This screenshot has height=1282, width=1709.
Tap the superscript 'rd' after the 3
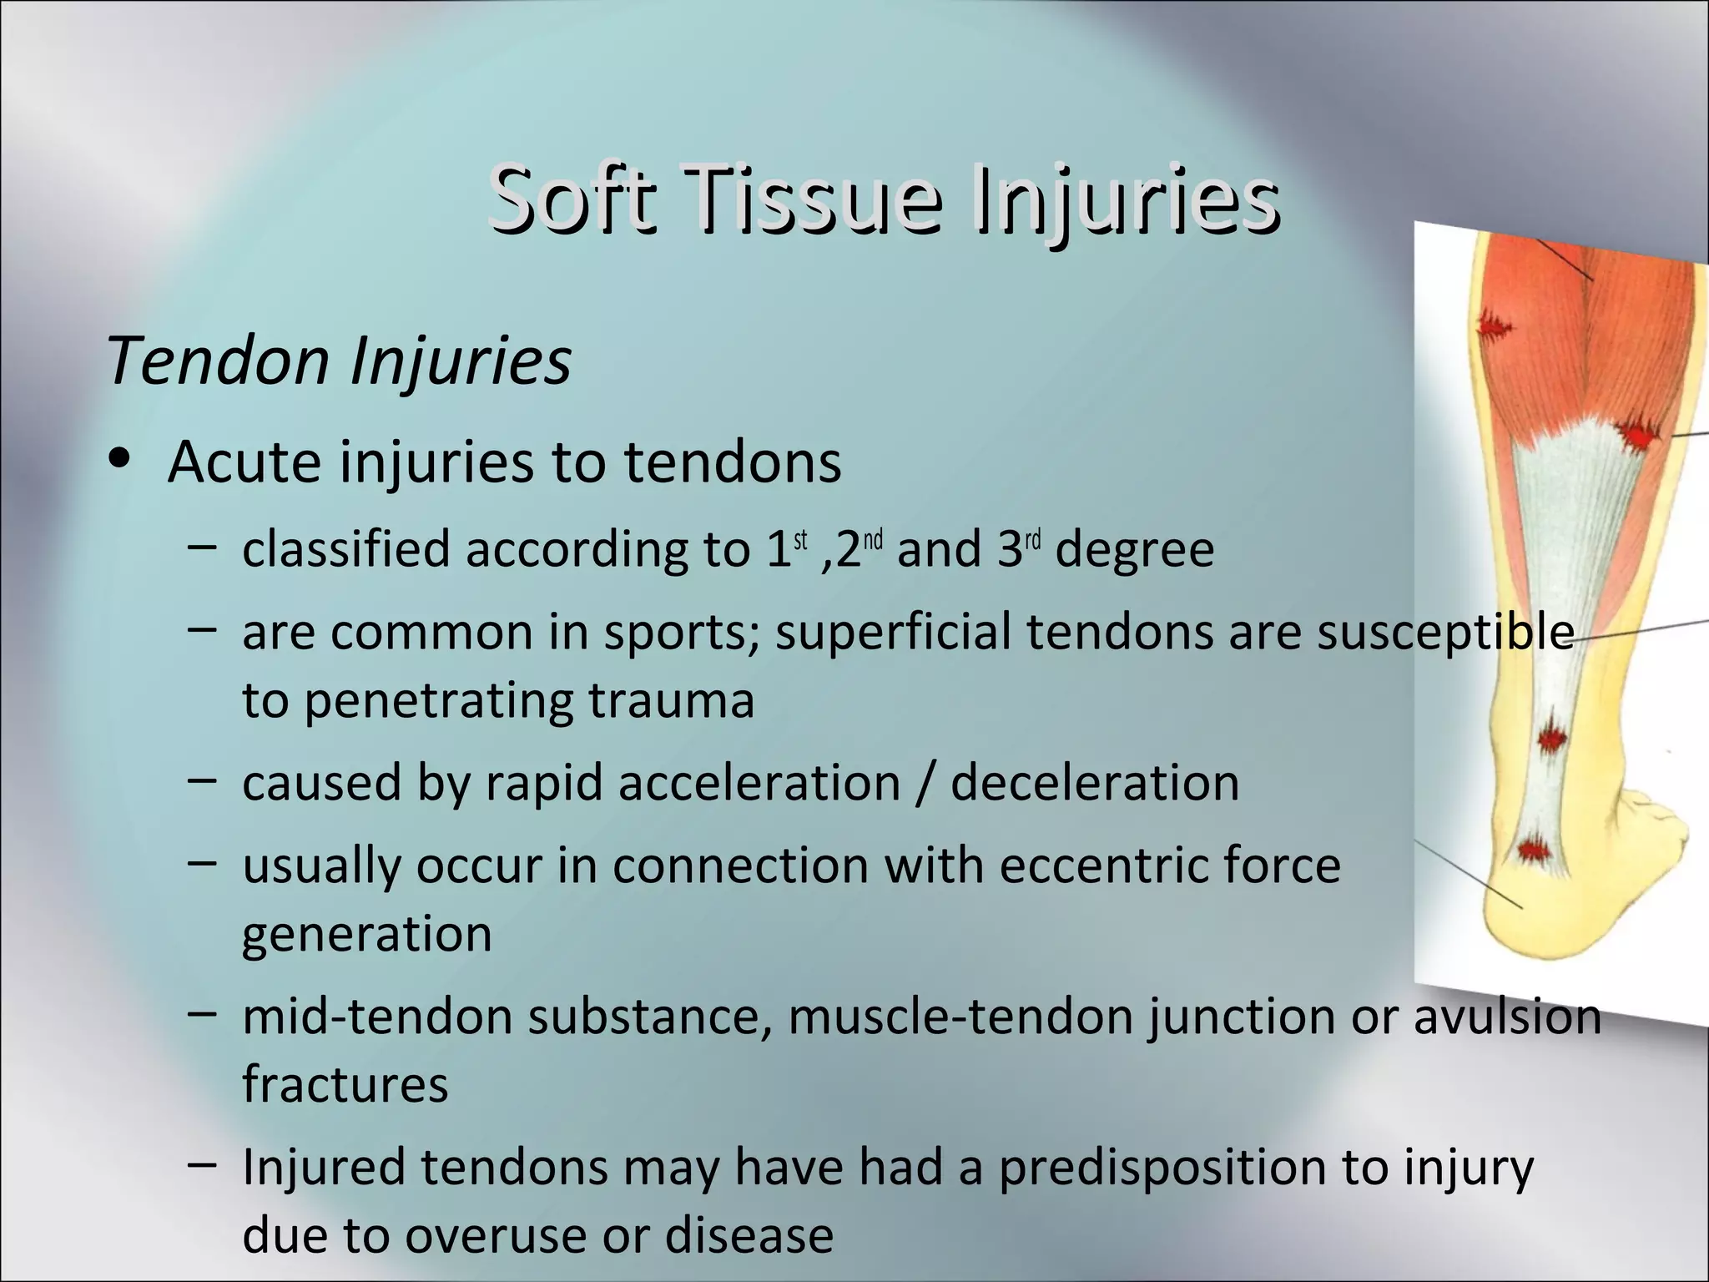[1032, 540]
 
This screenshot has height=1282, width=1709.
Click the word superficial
[895, 632]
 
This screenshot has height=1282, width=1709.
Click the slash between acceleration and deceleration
[925, 783]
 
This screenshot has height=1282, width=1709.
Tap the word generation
[367, 935]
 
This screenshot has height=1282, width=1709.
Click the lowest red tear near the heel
[1532, 850]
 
